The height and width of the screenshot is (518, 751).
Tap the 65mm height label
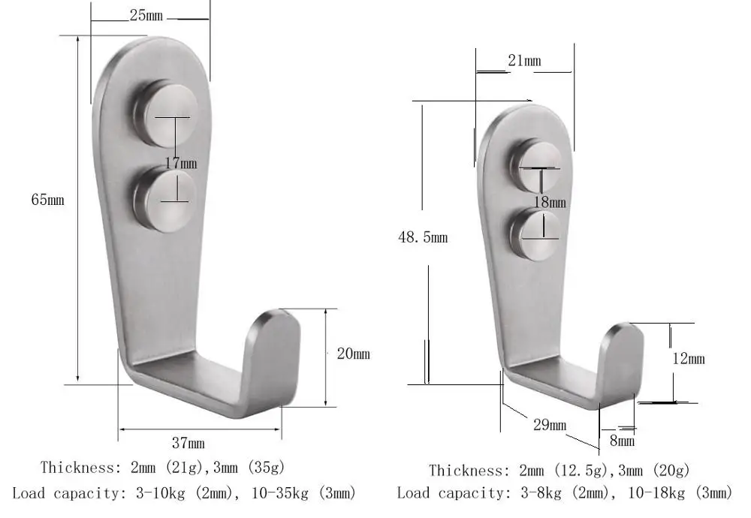[x=47, y=200]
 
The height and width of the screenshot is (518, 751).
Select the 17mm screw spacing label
[x=180, y=162]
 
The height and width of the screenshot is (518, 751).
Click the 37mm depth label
[x=188, y=444]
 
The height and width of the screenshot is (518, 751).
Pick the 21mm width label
[x=524, y=61]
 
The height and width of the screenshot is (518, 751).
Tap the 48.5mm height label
[x=423, y=237]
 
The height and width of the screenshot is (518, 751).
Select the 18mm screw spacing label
[x=549, y=202]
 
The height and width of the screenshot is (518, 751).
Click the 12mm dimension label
[x=688, y=359]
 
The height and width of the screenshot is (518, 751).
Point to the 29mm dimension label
[x=549, y=425]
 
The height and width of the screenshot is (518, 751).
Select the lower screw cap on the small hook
[x=535, y=234]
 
